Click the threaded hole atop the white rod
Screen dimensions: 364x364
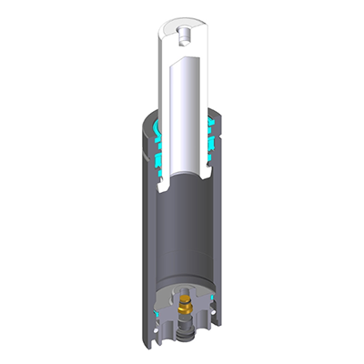point(183,35)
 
